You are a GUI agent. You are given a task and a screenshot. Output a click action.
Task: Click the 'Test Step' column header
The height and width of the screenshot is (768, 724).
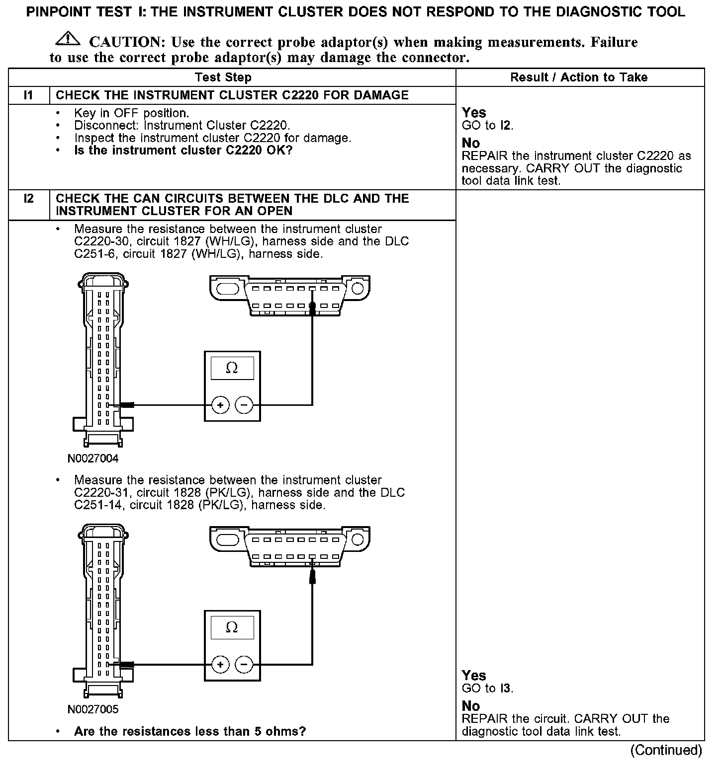(223, 77)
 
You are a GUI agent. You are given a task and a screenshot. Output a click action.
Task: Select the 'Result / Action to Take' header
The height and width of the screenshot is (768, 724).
(579, 77)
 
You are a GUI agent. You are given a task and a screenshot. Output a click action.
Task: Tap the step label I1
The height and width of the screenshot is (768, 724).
(29, 95)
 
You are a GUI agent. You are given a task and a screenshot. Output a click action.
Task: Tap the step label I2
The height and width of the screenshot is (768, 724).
(29, 199)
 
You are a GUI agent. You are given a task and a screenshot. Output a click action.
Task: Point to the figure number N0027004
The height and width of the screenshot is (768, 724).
(93, 459)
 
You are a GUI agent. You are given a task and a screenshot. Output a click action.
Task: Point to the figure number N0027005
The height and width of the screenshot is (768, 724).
(93, 709)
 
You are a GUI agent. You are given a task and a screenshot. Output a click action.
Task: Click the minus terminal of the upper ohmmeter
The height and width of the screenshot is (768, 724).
(244, 405)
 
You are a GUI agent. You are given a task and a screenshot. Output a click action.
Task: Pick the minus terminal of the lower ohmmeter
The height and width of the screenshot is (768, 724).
(244, 665)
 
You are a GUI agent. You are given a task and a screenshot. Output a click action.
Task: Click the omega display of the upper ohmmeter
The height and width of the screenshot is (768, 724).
(232, 368)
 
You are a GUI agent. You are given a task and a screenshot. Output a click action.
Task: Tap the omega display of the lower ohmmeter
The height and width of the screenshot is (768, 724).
(232, 627)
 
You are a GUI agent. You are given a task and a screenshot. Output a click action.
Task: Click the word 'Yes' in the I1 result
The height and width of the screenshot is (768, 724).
(474, 113)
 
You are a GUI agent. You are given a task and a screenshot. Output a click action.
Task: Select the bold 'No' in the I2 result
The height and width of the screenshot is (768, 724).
(471, 706)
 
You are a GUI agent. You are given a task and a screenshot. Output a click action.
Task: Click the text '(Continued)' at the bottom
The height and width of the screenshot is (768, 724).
(666, 750)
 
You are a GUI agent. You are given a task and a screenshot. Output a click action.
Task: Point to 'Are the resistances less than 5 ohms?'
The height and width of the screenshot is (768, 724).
(189, 731)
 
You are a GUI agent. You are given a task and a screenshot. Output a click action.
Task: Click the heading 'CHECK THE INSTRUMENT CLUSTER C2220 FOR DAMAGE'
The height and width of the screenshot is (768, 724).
(232, 95)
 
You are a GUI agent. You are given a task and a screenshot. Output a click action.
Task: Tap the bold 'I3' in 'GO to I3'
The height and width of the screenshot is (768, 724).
(505, 689)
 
